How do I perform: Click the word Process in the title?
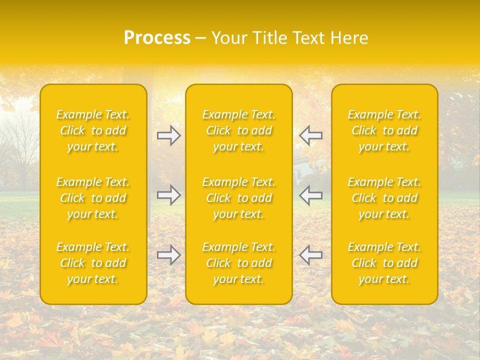click(x=157, y=38)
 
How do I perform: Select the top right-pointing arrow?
click(x=168, y=135)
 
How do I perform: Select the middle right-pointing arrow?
click(x=168, y=195)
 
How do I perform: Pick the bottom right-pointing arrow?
click(x=168, y=255)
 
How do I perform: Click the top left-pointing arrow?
click(x=311, y=135)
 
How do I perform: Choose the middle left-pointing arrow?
click(x=311, y=195)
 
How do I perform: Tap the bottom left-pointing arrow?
click(x=311, y=255)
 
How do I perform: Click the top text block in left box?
click(x=93, y=130)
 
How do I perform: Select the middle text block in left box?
click(x=93, y=198)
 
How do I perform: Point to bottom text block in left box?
click(x=93, y=263)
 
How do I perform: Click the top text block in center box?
click(x=239, y=130)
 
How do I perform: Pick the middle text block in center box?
click(x=239, y=198)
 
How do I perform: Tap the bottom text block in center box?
click(x=239, y=263)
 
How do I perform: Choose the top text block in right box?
click(x=384, y=130)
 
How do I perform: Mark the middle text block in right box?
click(x=384, y=198)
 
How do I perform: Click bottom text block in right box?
click(x=384, y=263)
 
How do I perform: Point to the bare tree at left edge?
click(x=17, y=150)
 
